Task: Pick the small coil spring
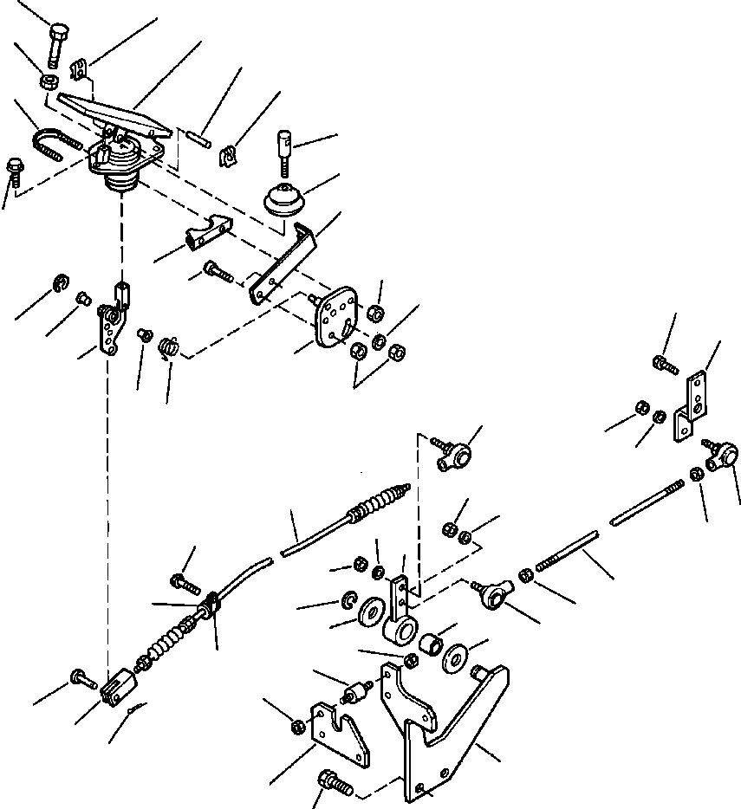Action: coord(170,347)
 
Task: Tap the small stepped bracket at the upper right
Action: coord(694,402)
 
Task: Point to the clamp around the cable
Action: coord(214,604)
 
